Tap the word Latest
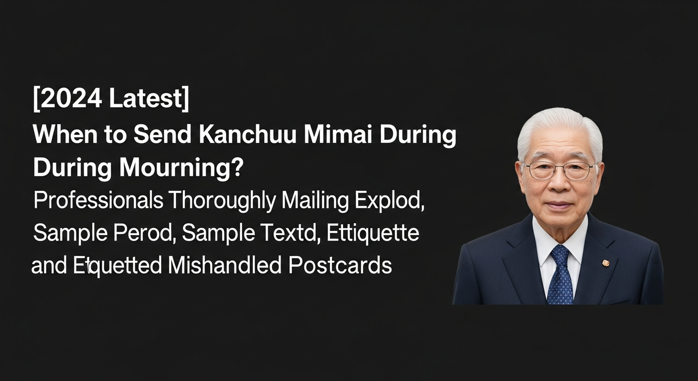click(145, 98)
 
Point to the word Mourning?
click(181, 168)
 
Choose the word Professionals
click(99, 200)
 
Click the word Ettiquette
click(373, 234)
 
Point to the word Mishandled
click(225, 265)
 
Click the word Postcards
click(340, 265)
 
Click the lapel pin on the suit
click(605, 263)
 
